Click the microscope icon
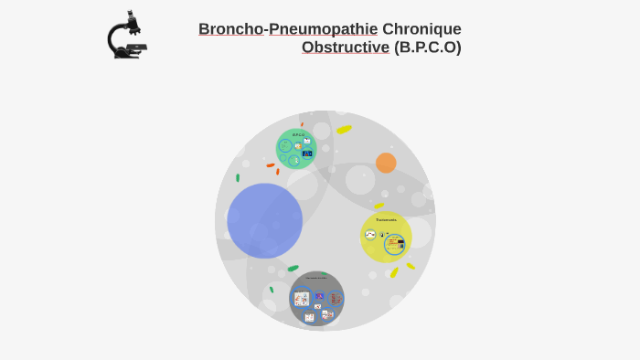tap(127, 36)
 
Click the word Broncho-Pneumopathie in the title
tap(288, 29)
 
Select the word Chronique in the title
tap(421, 29)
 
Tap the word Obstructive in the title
tap(346, 48)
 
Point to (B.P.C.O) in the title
tap(428, 48)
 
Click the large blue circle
tap(265, 220)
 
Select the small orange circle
tap(386, 163)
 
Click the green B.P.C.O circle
tap(296, 149)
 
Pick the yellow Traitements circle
tap(386, 237)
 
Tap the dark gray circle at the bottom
tap(316, 298)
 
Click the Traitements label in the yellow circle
tap(386, 219)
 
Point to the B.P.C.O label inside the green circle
tap(298, 134)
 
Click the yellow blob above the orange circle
tap(344, 129)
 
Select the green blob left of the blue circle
tap(238, 177)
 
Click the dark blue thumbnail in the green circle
tap(307, 154)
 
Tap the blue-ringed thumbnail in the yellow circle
tap(395, 243)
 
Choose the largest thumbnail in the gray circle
tap(302, 299)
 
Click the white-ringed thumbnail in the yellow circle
tap(370, 235)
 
